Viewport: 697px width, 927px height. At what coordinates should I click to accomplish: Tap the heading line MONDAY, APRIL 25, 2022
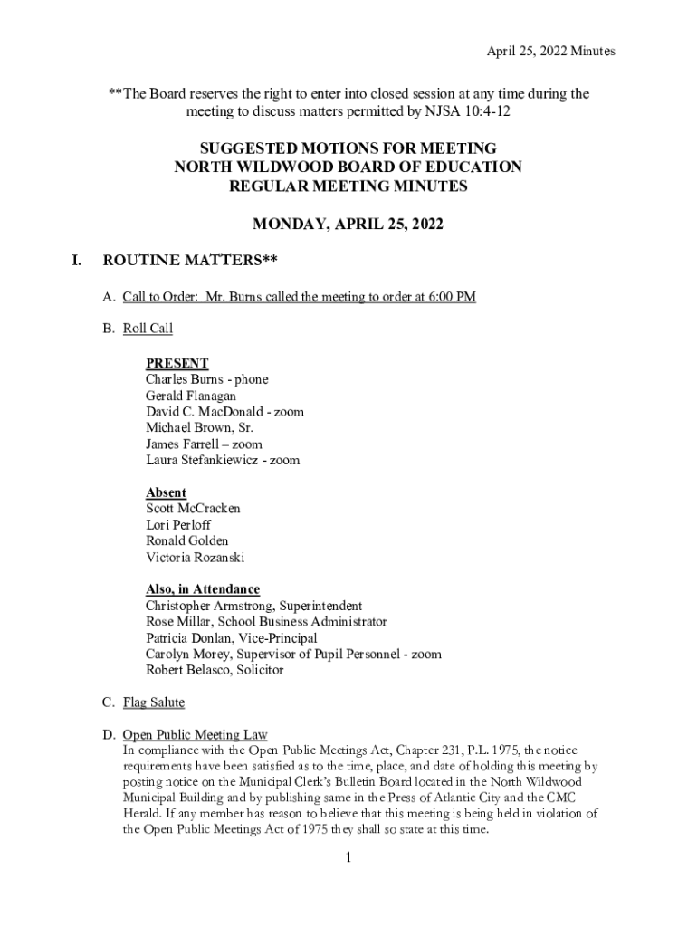(x=348, y=225)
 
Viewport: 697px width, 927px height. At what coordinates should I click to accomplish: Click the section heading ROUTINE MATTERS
(x=189, y=262)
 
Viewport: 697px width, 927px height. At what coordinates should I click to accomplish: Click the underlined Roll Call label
(x=148, y=328)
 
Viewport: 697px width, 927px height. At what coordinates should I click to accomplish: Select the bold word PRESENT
(x=177, y=363)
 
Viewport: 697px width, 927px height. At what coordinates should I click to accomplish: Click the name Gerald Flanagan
(x=191, y=396)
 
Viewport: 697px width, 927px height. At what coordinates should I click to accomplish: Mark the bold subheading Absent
(x=166, y=492)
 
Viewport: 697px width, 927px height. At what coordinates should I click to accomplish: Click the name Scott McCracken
(x=193, y=509)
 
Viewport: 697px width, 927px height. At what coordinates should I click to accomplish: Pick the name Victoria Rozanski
(x=195, y=558)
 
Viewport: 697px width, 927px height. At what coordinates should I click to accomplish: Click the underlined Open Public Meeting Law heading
(x=195, y=734)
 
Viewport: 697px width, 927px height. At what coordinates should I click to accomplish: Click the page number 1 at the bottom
(x=348, y=858)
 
